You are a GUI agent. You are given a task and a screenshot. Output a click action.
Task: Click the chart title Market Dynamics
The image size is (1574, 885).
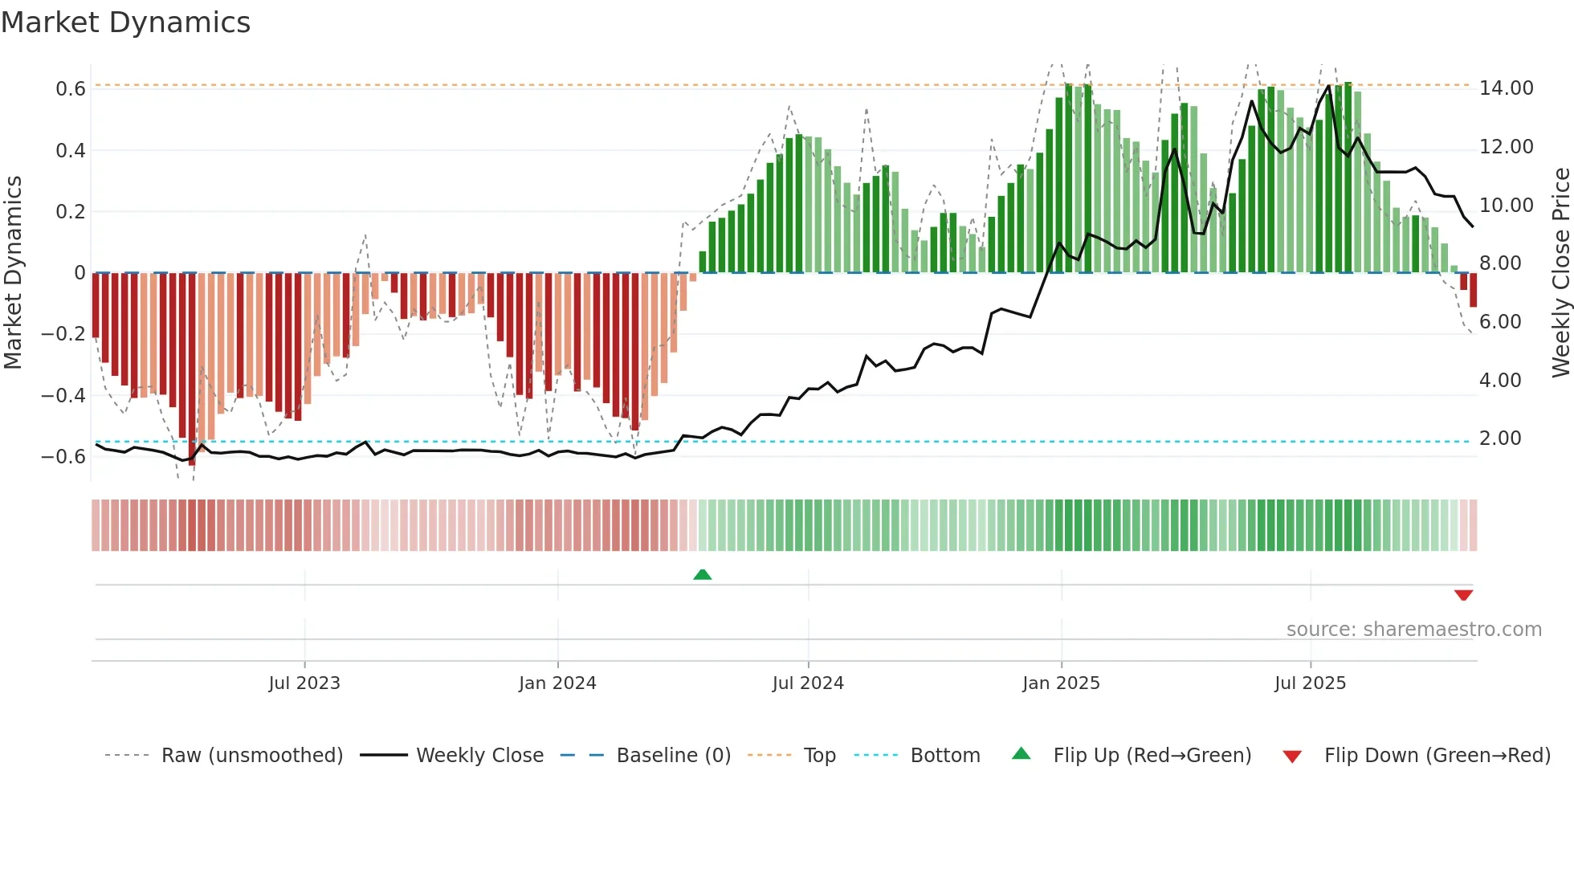click(125, 22)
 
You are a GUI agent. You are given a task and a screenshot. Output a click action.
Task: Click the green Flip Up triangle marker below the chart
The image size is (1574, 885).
click(703, 574)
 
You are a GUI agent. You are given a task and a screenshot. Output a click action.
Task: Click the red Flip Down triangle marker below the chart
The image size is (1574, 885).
click(1463, 595)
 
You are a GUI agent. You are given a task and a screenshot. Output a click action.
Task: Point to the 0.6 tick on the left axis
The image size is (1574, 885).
click(71, 88)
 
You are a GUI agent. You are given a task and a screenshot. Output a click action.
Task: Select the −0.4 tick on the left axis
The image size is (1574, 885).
click(63, 395)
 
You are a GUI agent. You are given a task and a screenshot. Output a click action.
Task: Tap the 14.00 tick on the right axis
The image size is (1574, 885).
click(1506, 88)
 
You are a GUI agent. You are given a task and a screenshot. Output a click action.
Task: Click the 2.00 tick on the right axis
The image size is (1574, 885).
click(1500, 438)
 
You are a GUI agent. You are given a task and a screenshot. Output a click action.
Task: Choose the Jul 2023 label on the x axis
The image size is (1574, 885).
click(304, 683)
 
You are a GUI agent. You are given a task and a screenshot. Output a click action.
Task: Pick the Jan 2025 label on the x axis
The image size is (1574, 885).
click(1061, 683)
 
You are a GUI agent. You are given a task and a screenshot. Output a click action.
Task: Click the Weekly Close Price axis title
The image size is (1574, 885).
click(1560, 273)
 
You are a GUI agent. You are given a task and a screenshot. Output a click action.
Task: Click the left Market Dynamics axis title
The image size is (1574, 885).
click(13, 273)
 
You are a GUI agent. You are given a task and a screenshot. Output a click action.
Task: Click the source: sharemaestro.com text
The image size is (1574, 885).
click(1413, 630)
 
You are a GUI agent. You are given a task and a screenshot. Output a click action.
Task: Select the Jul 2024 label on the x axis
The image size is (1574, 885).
click(808, 683)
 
